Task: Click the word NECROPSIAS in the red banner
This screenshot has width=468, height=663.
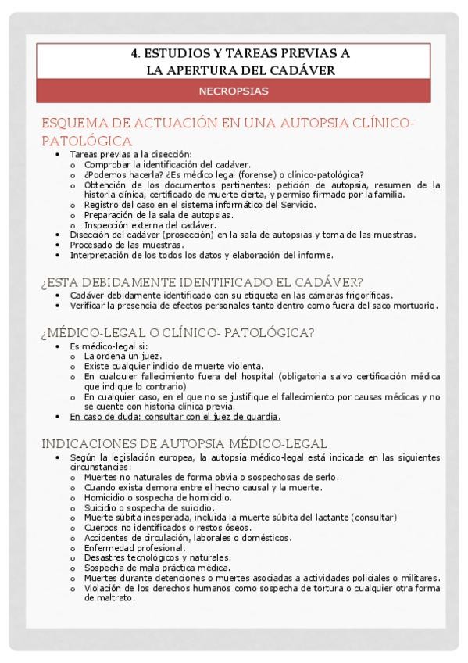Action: click(x=234, y=91)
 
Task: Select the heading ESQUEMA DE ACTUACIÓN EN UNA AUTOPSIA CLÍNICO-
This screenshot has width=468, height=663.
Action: click(x=227, y=125)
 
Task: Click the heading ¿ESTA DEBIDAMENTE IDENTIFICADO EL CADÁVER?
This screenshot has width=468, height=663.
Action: click(x=202, y=283)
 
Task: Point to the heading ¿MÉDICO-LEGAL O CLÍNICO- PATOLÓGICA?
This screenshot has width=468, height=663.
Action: click(x=177, y=333)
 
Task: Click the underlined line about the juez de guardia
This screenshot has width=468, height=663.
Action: click(x=175, y=417)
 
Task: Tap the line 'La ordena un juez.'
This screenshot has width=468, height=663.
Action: click(x=123, y=356)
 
